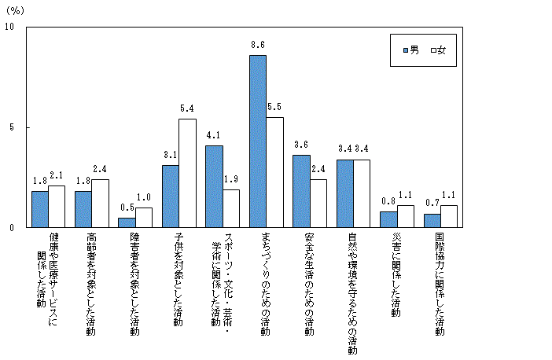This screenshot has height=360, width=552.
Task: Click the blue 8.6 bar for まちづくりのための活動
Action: click(257, 141)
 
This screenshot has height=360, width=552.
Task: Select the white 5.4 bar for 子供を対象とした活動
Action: click(187, 173)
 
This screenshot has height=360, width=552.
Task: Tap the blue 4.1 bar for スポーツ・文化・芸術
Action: click(214, 186)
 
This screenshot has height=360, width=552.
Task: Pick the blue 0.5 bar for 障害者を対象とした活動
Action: click(127, 222)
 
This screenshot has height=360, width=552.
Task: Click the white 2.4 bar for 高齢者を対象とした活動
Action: click(100, 203)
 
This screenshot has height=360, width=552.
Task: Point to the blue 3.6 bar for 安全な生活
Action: click(301, 191)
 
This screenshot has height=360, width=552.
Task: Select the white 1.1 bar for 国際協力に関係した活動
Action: click(449, 216)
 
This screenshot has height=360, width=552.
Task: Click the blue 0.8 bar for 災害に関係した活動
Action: click(388, 219)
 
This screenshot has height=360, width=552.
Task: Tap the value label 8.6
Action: click(257, 46)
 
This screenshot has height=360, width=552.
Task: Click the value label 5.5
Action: click(274, 108)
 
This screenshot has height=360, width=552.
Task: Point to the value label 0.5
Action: click(126, 208)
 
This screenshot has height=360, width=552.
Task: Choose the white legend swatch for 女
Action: click(433, 50)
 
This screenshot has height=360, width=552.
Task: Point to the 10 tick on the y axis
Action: click(9, 28)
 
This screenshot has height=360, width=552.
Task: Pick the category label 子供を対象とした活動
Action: click(178, 279)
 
